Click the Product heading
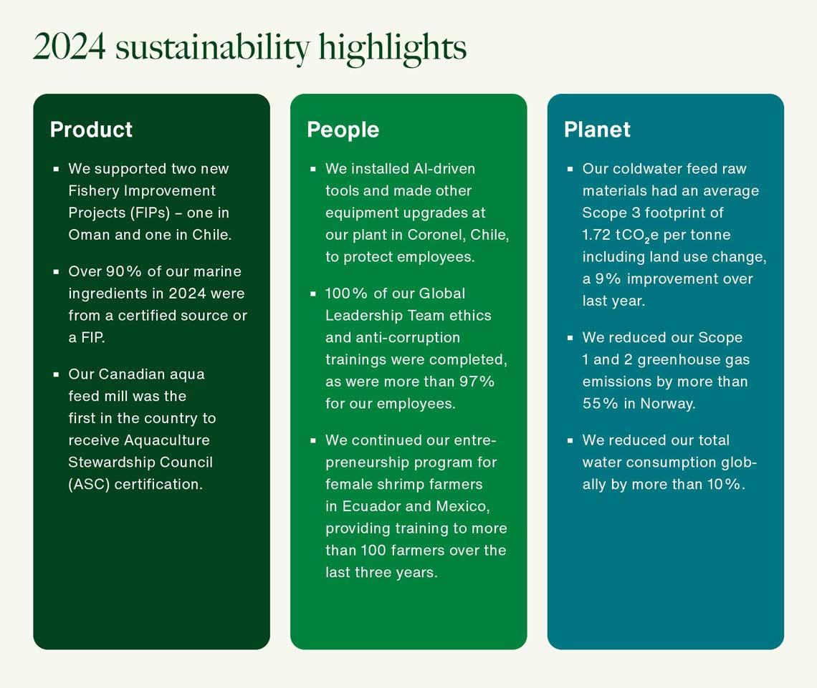pos(91,130)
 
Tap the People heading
pos(343,130)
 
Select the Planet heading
pos(597,130)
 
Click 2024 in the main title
pos(70,47)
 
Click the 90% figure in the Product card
pos(123,271)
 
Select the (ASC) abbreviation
pos(89,485)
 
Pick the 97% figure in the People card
pos(477,382)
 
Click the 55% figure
pos(601,403)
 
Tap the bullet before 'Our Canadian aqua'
pos(56,374)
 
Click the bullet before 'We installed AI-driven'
pos(312,169)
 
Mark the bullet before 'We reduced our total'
pos(570,440)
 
